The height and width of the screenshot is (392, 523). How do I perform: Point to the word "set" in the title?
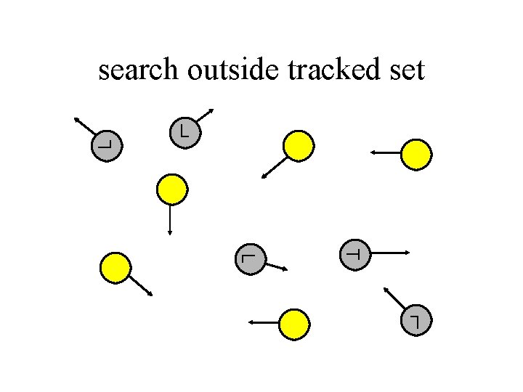click(408, 70)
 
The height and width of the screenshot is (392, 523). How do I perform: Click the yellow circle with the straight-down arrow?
click(172, 189)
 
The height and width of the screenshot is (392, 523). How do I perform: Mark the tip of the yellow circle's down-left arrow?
click(262, 177)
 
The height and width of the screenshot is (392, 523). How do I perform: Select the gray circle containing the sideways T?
click(355, 254)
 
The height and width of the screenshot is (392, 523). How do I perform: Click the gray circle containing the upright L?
click(185, 132)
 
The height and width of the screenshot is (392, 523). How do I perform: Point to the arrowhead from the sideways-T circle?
click(409, 253)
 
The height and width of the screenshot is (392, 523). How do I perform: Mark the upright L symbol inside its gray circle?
click(185, 131)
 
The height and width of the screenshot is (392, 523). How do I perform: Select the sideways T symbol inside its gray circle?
click(355, 254)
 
